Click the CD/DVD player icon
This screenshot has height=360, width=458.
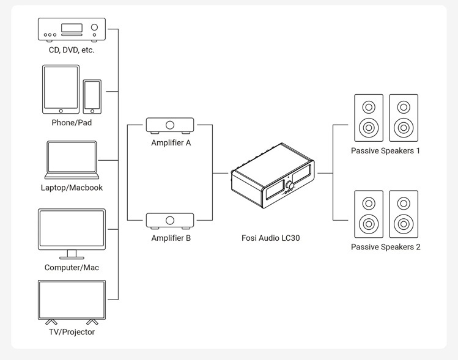coord(72,29)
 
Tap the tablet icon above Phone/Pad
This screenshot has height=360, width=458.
coord(61,89)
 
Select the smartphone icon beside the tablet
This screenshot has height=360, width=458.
coord(92,96)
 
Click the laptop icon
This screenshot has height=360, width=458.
coord(72,160)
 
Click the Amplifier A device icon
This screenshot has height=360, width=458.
coord(170,125)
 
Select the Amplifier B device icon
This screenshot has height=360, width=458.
coord(170,221)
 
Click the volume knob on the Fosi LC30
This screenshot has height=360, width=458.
coord(289,185)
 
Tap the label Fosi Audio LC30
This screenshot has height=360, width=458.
coord(271,238)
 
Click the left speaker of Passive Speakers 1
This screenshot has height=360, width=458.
coord(369,118)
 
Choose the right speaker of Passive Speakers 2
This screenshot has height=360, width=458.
coord(404,214)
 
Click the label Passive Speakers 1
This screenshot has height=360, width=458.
coord(385,150)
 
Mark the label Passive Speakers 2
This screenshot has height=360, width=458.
coord(385,247)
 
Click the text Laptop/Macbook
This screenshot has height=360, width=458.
coord(72,188)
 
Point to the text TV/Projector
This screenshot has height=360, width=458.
coord(72,332)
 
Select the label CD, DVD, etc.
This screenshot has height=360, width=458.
coord(72,50)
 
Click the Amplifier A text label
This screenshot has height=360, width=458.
coord(171,142)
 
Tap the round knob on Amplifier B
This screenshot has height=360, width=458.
coord(170,220)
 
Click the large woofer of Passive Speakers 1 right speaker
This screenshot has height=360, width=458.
coord(404,128)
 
